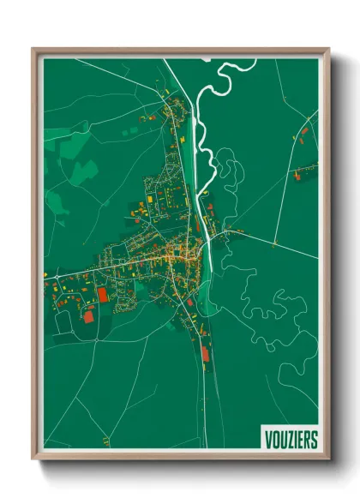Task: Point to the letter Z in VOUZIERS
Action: (x=287, y=440)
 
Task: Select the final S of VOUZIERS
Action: (x=313, y=440)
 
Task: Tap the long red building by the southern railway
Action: (x=203, y=351)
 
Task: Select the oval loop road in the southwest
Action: (x=63, y=321)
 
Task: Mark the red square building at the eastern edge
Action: (x=297, y=177)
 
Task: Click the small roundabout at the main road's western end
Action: (x=48, y=276)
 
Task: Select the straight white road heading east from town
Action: (x=274, y=244)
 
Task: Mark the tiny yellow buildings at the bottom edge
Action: (x=105, y=441)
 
